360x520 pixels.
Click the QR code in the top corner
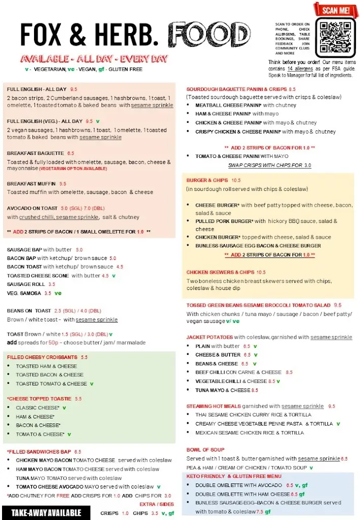click(x=335, y=37)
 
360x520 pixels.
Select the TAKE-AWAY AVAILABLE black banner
click(x=46, y=512)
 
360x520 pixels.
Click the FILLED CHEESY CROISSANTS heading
click(x=42, y=357)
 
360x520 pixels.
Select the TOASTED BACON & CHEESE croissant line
click(x=49, y=375)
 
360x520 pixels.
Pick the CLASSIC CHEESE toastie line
click(x=38, y=408)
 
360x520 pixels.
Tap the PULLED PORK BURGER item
click(x=224, y=221)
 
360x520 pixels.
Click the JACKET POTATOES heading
click(x=210, y=337)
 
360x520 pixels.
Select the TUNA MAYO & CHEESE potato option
click(x=223, y=390)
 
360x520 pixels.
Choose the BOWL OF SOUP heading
click(x=205, y=449)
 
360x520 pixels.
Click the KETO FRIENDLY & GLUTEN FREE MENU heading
click(x=234, y=476)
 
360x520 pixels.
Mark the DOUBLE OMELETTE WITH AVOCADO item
click(x=239, y=485)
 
